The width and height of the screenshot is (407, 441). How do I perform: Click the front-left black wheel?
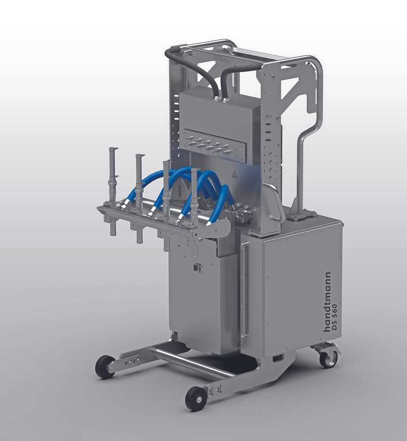(105, 367)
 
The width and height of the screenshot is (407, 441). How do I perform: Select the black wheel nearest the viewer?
(195, 398)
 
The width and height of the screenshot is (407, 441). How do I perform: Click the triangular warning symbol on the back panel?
(234, 175)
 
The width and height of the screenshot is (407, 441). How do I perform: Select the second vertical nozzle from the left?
(139, 197)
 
